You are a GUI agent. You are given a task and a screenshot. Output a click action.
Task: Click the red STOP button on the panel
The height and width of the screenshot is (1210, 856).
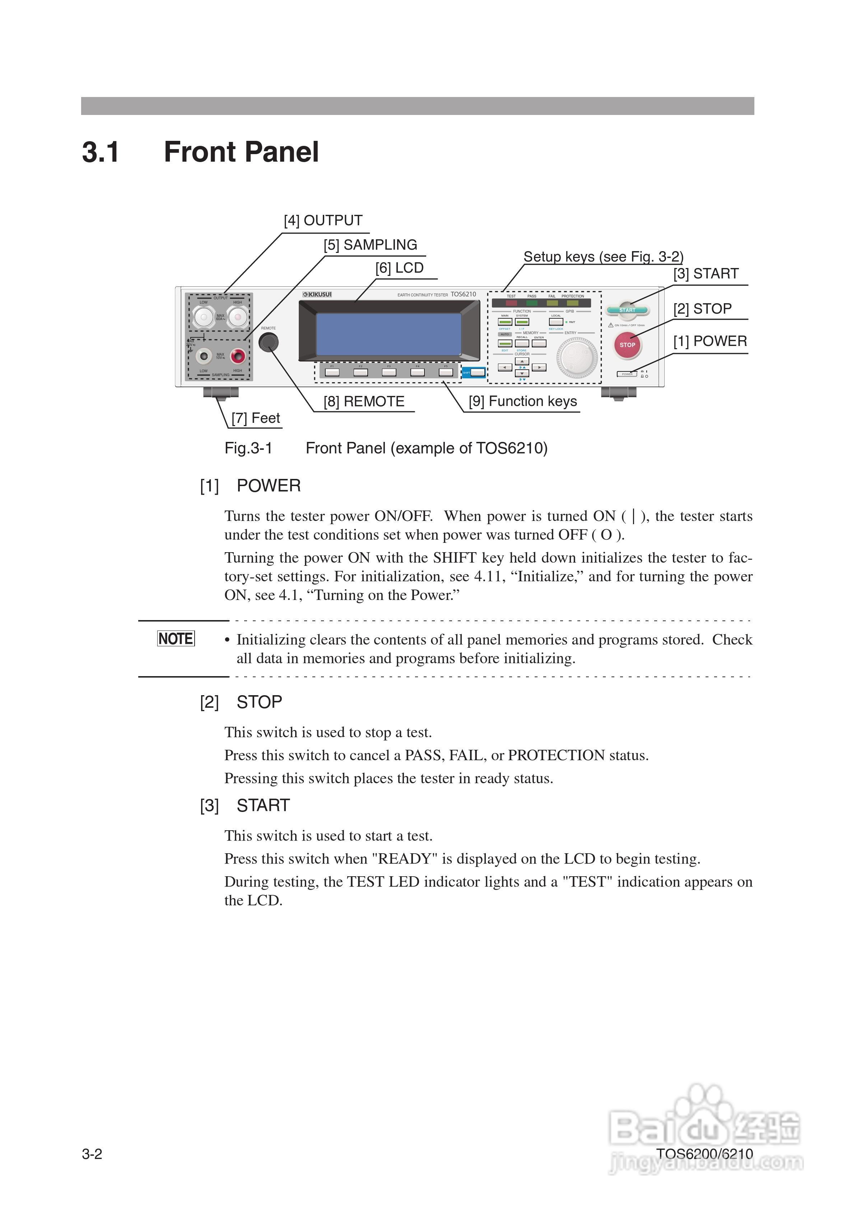627,345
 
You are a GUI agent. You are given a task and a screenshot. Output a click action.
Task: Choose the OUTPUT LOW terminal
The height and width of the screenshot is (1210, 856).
204,317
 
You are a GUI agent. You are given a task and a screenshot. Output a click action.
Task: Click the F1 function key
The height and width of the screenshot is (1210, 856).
332,372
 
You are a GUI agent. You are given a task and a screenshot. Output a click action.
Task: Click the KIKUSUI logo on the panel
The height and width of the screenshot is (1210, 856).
317,294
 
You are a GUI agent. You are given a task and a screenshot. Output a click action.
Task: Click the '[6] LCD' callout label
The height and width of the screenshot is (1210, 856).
400,268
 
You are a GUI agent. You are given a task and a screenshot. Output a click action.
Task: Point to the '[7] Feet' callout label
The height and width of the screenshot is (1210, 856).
256,418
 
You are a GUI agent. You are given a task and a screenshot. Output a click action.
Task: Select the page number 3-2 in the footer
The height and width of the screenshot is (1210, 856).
92,1154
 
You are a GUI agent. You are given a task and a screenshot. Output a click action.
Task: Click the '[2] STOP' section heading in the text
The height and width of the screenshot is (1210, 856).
241,702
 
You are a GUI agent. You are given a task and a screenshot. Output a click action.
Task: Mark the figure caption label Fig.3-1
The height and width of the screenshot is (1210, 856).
248,448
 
